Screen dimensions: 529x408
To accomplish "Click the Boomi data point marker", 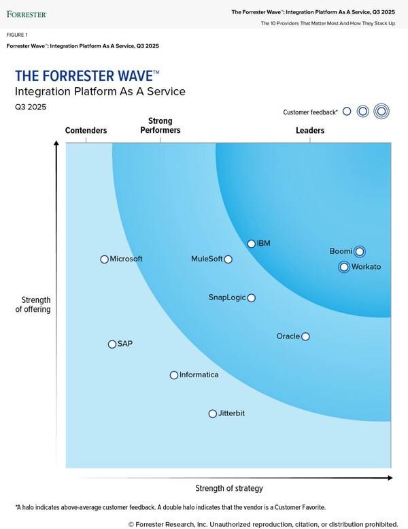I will click(360, 251).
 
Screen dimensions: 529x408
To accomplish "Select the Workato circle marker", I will click(344, 267).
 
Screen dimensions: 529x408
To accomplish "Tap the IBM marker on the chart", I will click(252, 244).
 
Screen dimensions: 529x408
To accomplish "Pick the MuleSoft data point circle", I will click(228, 259).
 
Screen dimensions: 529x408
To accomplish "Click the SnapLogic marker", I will click(252, 298).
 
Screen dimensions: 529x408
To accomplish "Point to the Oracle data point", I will click(305, 336).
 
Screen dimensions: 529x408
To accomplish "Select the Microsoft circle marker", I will click(104, 259).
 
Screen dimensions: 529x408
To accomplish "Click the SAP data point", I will click(112, 344).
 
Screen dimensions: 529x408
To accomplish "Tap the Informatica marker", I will click(174, 375).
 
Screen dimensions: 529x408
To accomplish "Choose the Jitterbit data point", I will click(212, 414).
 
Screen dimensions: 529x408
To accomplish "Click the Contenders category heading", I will click(86, 131).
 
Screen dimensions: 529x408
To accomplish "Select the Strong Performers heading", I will click(160, 126).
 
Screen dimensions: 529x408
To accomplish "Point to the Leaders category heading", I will click(310, 131).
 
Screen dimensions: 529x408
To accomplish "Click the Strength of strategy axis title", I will click(229, 488).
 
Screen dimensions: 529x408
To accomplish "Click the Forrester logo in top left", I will click(27, 14).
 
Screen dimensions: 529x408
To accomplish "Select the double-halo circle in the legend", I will click(381, 111).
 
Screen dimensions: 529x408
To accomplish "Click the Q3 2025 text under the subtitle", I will click(31, 107).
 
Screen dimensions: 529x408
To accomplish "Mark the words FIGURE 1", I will click(17, 34).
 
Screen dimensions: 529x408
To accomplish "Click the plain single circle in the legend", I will click(347, 111).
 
